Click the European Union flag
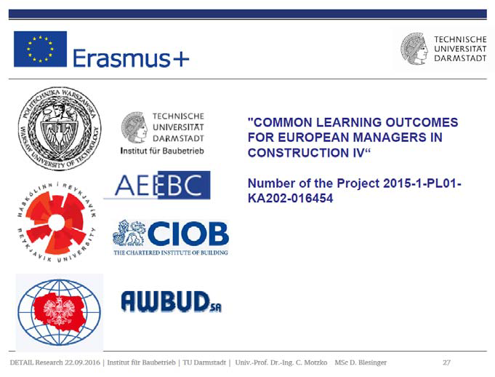click(x=40, y=49)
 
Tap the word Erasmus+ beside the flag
click(x=131, y=57)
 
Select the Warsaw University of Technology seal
click(x=60, y=128)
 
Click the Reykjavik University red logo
click(x=57, y=223)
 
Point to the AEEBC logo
click(x=157, y=185)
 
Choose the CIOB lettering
click(x=188, y=234)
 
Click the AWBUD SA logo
click(x=171, y=302)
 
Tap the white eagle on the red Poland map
click(x=60, y=311)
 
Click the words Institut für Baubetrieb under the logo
click(x=162, y=151)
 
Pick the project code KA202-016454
click(x=291, y=199)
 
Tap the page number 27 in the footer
click(x=446, y=362)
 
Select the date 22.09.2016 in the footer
click(x=82, y=362)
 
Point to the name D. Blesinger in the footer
click(x=367, y=362)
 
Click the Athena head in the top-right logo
click(x=414, y=49)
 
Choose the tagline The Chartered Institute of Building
click(x=171, y=253)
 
